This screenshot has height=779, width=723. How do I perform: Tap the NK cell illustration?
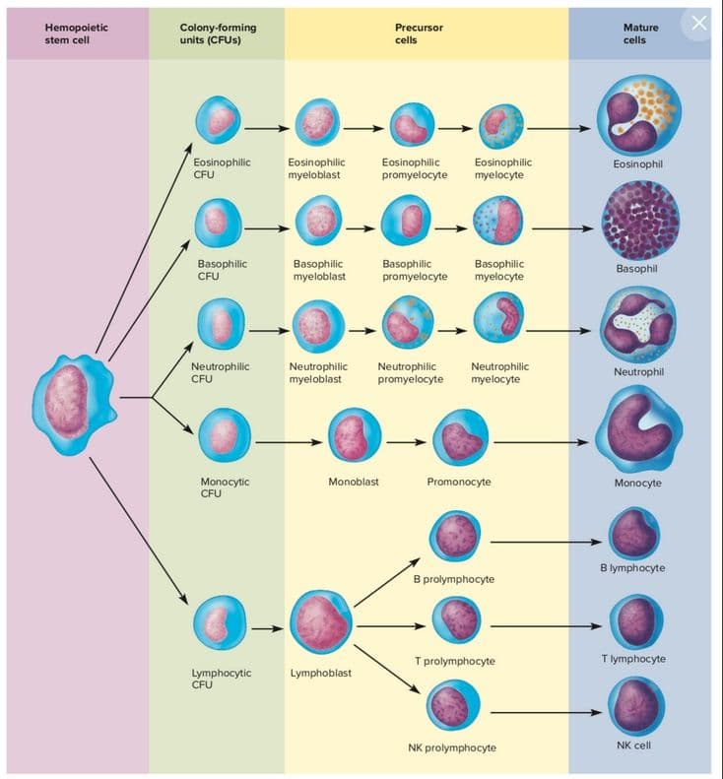[x=637, y=706]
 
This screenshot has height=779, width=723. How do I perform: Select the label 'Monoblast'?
[x=354, y=482]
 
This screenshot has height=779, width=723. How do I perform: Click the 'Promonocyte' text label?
[x=459, y=482]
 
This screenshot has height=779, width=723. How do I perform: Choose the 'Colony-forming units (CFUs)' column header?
[x=218, y=33]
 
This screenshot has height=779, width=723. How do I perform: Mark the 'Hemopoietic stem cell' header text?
[x=77, y=33]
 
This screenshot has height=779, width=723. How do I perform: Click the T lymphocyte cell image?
[x=637, y=621]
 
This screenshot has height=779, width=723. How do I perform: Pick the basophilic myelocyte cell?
[x=498, y=223]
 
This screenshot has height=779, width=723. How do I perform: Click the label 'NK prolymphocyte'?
[x=452, y=747]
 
